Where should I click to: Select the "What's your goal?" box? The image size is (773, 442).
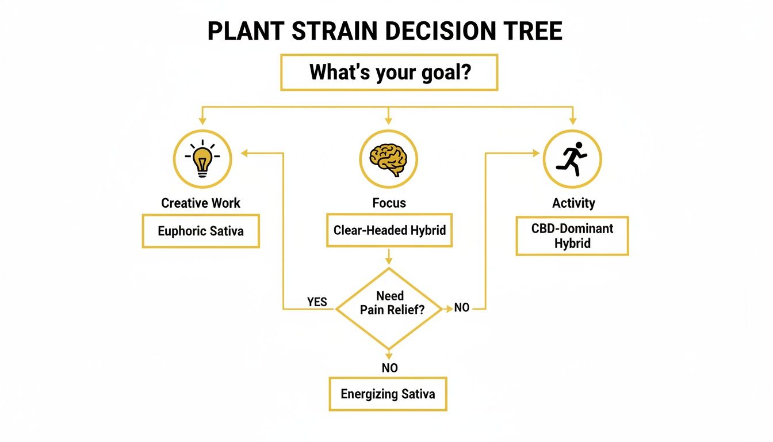[389, 73]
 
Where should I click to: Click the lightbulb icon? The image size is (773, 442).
[202, 157]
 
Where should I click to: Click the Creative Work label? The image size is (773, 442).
[201, 203]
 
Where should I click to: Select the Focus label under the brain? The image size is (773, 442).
[389, 203]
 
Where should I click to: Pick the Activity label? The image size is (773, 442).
[573, 203]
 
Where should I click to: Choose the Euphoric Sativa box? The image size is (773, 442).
[201, 231]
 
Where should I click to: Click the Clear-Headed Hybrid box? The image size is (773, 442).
[389, 230]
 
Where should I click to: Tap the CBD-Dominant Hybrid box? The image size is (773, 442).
[572, 236]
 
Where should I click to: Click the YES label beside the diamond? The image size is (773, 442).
[317, 302]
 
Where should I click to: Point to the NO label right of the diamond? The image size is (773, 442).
[462, 308]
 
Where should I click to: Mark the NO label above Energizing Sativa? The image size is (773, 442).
[389, 368]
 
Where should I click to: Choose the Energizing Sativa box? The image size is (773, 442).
[388, 394]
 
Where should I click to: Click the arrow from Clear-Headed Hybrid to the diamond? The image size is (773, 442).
[389, 257]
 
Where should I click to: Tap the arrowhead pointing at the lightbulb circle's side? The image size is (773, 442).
[244, 153]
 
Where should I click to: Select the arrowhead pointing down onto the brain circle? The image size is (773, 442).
[388, 121]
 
